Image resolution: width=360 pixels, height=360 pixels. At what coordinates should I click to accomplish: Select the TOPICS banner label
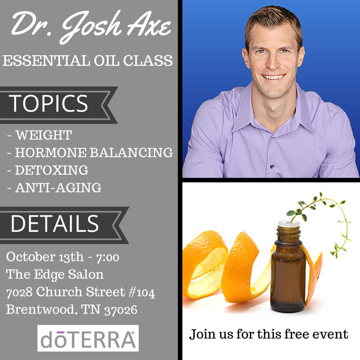(x=48, y=103)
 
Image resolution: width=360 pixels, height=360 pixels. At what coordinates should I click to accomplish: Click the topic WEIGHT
(x=44, y=135)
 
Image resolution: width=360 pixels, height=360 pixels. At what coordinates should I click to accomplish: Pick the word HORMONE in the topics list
(x=51, y=153)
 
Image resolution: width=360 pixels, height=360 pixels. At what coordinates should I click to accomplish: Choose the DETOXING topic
(x=52, y=170)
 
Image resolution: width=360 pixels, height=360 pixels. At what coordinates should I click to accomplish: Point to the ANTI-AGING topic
(x=58, y=188)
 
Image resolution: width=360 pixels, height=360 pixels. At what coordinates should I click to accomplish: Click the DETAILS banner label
(x=54, y=224)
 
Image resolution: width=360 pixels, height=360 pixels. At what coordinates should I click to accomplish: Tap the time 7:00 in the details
(x=108, y=257)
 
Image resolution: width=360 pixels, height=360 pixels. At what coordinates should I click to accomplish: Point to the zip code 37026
(x=121, y=310)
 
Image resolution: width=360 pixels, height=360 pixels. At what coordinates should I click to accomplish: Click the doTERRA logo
(x=88, y=338)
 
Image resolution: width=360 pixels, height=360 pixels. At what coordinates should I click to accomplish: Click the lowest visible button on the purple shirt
(x=272, y=166)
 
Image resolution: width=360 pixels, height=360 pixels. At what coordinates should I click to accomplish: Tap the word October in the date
(x=31, y=256)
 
